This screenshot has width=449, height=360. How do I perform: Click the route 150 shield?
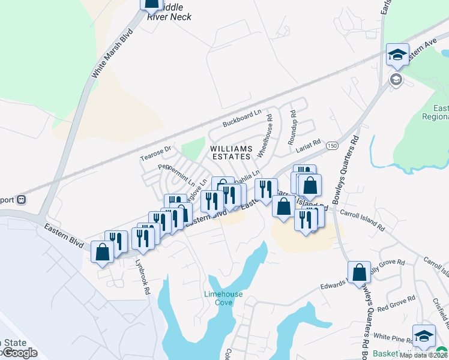click(332, 146)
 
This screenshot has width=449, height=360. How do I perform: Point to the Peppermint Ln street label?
click(176, 173)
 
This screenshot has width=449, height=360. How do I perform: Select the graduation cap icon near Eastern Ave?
click(397, 55)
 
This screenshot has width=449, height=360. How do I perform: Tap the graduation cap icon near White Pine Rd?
click(424, 335)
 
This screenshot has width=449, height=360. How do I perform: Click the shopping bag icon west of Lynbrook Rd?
click(102, 251)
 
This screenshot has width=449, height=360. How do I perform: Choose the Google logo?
click(19, 353)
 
